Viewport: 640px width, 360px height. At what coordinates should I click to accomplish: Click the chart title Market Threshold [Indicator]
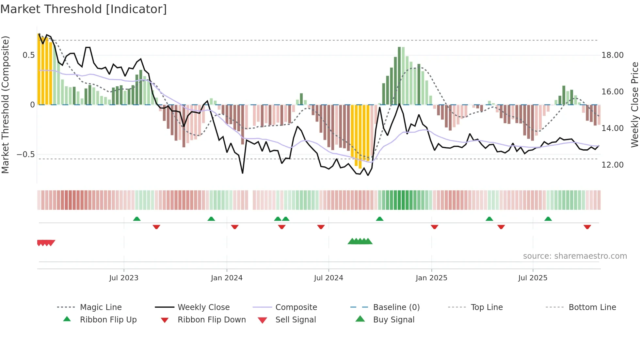84,9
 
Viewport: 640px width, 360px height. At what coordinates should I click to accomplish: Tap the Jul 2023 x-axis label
124,278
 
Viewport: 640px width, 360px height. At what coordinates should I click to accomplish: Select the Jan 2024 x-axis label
227,278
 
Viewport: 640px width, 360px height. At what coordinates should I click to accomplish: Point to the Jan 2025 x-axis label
431,278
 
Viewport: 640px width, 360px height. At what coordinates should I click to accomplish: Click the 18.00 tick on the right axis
612,55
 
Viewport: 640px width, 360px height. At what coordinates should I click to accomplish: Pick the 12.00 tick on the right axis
612,165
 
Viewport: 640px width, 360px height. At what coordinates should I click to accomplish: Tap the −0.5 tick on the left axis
25,155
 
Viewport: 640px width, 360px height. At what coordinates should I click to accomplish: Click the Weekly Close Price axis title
634,105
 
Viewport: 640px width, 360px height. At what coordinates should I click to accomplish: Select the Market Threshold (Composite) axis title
5,105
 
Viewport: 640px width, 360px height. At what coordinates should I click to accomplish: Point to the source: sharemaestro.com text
575,256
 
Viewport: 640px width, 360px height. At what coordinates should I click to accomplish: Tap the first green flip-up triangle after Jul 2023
137,219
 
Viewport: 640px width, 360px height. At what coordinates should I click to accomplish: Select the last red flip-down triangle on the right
587,227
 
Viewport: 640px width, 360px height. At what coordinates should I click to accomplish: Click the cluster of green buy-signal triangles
360,241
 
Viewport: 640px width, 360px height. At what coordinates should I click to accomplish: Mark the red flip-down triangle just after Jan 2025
434,227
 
